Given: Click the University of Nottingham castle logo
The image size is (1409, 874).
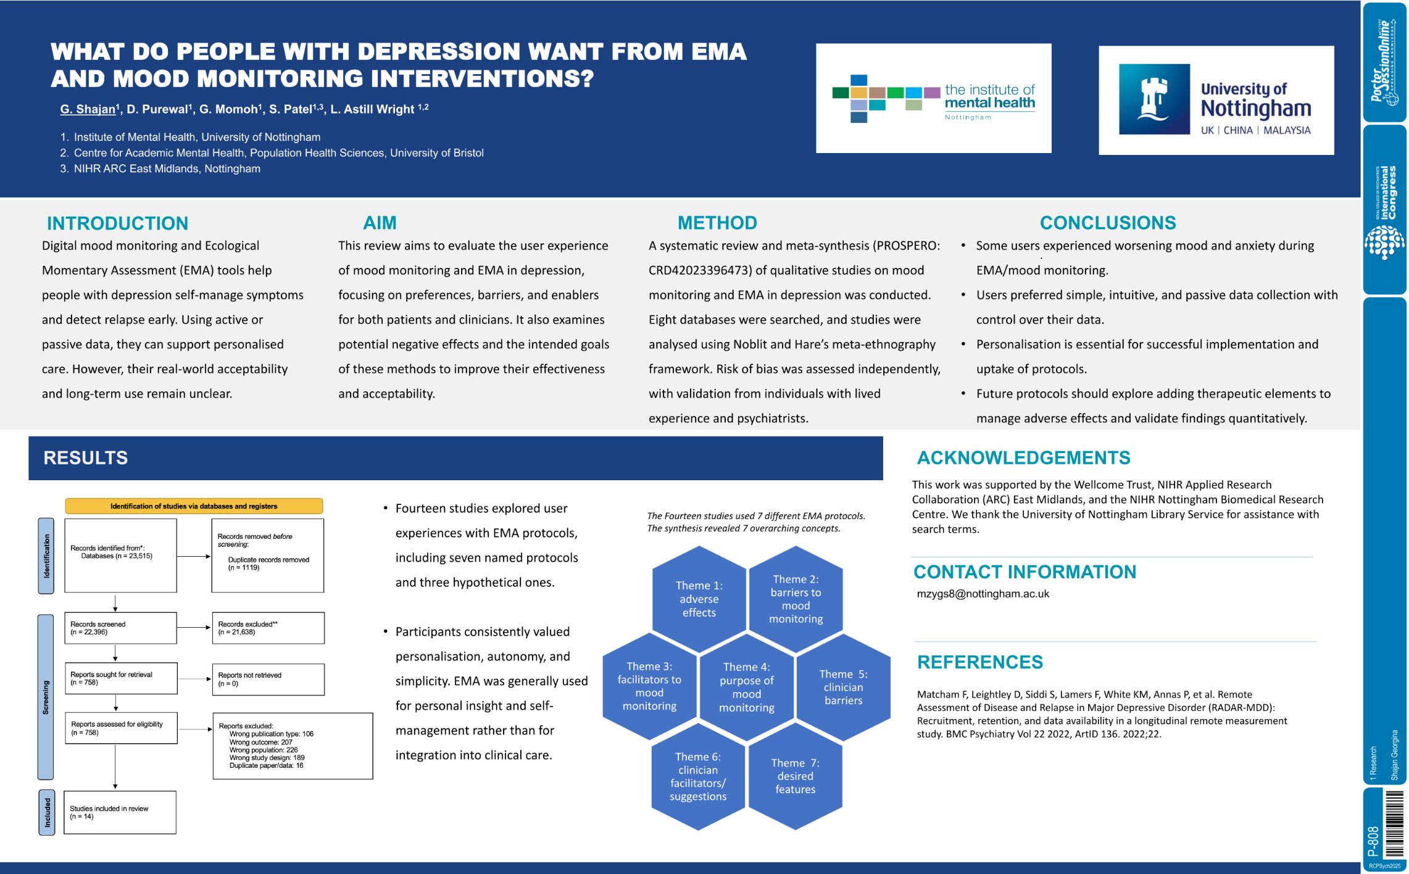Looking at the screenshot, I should [x=1153, y=99].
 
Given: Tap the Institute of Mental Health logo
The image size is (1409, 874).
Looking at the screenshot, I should [x=933, y=99].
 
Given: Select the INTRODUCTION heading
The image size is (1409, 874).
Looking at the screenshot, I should [x=117, y=223].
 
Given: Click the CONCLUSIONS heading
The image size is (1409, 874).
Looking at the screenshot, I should [x=1107, y=222].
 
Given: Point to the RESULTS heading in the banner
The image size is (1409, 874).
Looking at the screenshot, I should [x=86, y=457].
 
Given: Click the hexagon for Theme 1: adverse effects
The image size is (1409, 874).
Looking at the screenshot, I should [x=699, y=599].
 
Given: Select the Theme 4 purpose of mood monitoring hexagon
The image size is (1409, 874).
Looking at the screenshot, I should [x=747, y=687].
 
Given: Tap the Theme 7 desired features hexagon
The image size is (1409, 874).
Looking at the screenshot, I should [x=795, y=776].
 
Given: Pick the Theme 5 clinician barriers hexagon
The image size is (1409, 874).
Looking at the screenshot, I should [x=843, y=687].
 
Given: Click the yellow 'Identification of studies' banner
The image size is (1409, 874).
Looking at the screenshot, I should [x=194, y=506].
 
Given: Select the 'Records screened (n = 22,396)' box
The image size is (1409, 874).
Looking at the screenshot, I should [x=120, y=628].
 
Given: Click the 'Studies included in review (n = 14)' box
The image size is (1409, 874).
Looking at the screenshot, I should [x=120, y=812].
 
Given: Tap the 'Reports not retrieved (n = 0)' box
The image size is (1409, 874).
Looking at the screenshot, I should [x=268, y=679].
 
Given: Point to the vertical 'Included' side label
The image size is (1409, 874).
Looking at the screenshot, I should [x=47, y=812].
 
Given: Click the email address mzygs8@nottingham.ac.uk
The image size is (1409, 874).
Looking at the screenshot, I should [x=983, y=594].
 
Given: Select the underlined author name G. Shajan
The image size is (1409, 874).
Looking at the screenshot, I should [x=88, y=109].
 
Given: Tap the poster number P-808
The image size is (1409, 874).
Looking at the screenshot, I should [x=1373, y=841].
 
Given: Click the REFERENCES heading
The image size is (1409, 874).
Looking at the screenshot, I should [x=979, y=662].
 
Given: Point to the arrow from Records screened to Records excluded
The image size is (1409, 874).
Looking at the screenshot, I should [x=194, y=628].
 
